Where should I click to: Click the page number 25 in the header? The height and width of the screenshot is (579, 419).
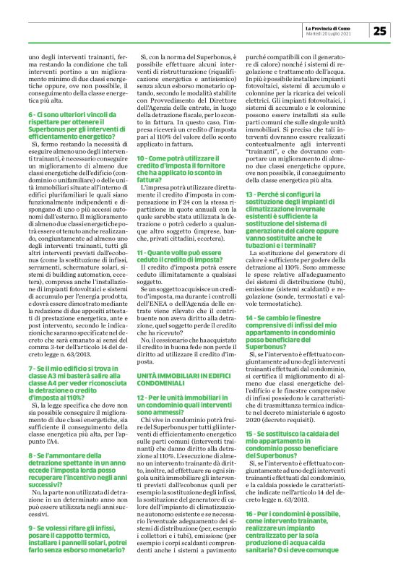pos(380,30)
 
